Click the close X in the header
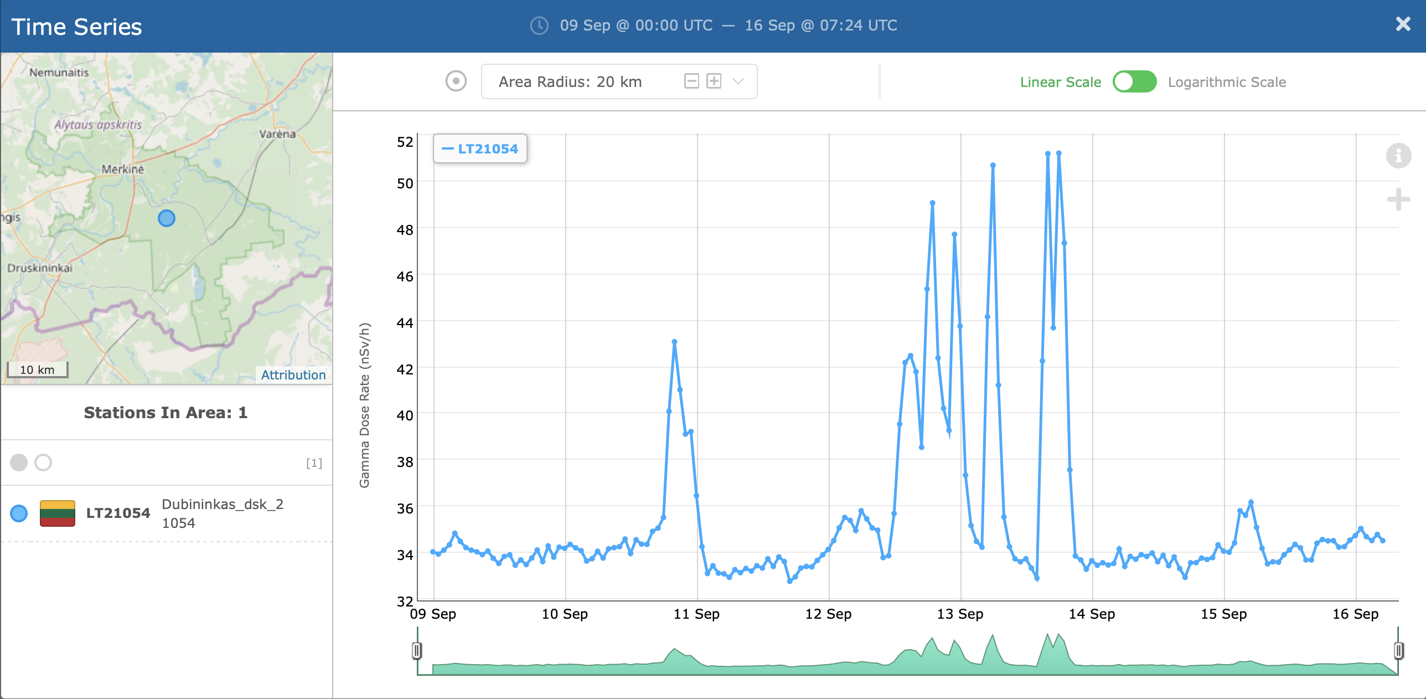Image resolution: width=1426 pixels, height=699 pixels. point(1403,24)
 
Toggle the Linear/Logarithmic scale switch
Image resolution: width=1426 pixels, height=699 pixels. point(1134,82)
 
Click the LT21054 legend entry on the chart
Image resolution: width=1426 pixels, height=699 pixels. point(480,149)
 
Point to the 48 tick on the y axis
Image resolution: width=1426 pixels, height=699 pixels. point(405,230)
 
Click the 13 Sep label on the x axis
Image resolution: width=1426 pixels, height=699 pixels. point(960,614)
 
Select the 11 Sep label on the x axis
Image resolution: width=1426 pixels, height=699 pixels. point(696,614)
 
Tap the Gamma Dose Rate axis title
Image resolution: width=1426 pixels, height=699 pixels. point(364,405)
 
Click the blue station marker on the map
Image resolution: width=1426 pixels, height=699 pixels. point(167,218)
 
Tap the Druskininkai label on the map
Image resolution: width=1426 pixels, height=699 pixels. point(40,268)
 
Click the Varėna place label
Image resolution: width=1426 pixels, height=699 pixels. point(277,134)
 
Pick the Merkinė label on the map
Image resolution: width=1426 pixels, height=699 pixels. point(123,169)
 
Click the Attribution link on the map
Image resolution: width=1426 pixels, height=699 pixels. point(293,375)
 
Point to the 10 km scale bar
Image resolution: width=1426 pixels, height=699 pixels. point(37,370)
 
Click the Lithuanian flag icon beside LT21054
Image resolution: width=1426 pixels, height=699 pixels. point(58,513)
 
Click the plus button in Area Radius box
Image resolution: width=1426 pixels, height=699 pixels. point(714,81)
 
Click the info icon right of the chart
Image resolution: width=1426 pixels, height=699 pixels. point(1398,156)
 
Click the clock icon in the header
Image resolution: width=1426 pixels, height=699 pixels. point(539,25)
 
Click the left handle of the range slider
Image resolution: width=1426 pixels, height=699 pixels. point(417,650)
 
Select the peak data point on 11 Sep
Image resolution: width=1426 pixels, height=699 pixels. point(674,342)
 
